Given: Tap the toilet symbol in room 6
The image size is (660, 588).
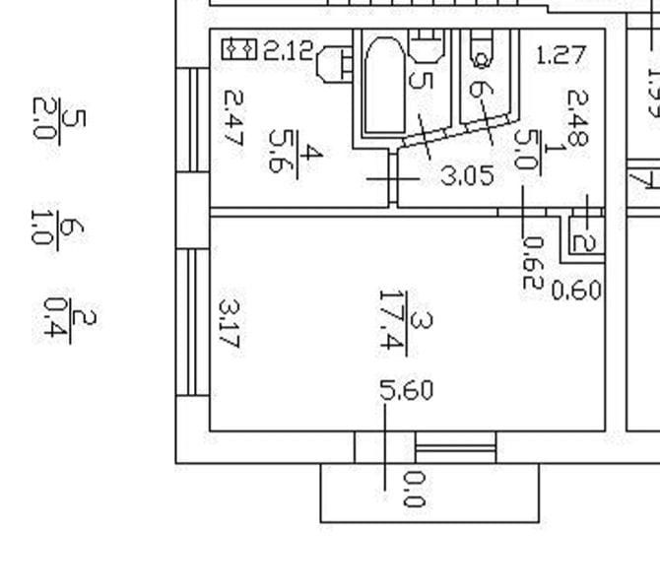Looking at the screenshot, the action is click(x=482, y=46).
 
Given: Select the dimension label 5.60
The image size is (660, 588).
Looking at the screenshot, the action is click(x=406, y=390).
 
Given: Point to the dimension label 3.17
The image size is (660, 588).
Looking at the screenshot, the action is click(x=229, y=324).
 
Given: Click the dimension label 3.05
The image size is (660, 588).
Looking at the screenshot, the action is click(x=466, y=176).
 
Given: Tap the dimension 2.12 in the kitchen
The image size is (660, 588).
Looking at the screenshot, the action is click(x=287, y=49).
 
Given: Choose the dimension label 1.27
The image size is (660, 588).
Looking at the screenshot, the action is click(x=561, y=55).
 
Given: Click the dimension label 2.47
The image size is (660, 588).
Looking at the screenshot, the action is click(x=232, y=118).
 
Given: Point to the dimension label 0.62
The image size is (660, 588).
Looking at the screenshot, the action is click(x=532, y=263).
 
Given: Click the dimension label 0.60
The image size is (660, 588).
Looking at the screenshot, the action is click(x=576, y=291).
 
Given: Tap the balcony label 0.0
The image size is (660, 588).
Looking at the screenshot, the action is click(x=414, y=489).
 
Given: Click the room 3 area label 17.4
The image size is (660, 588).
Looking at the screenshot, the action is click(x=394, y=320).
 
